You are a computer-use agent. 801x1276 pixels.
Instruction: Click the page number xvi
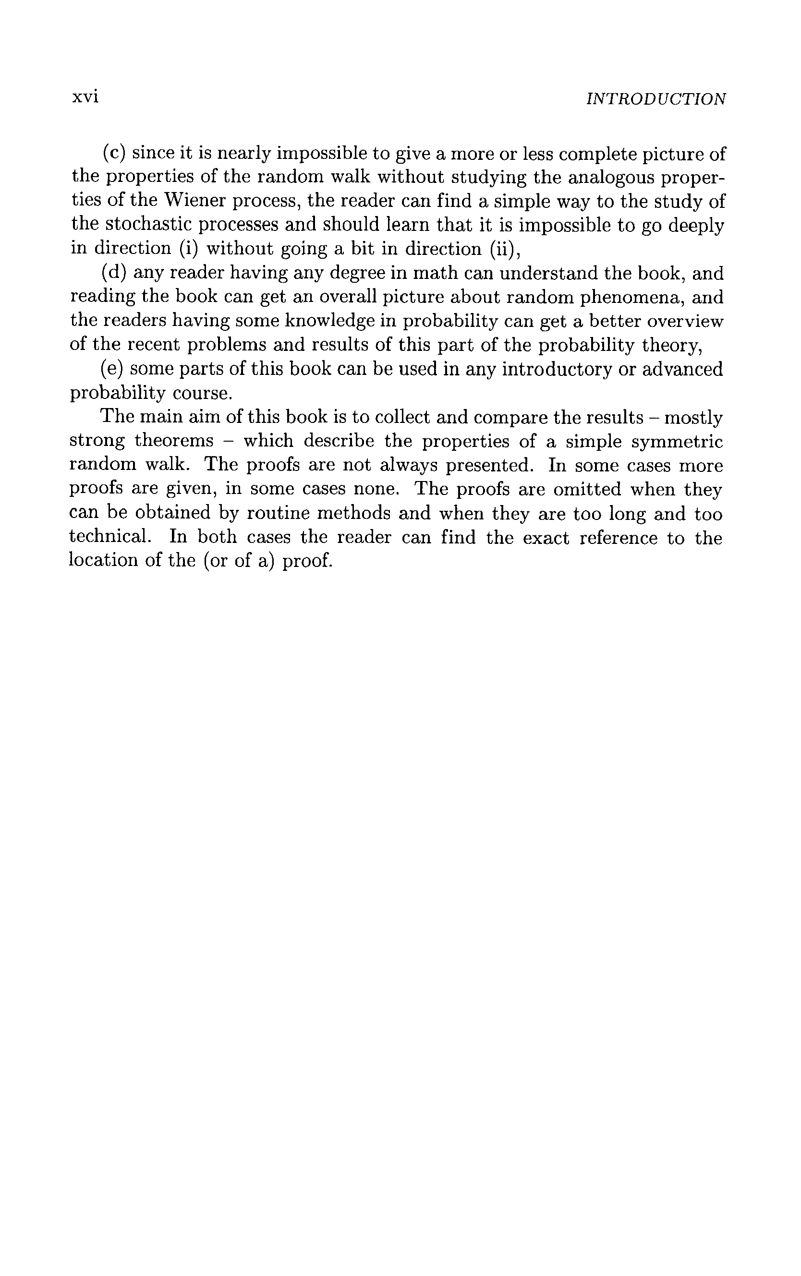(85, 97)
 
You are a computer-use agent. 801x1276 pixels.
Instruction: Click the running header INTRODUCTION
(656, 99)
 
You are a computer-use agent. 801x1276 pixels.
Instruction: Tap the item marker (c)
(113, 153)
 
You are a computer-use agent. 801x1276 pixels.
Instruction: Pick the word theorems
(174, 441)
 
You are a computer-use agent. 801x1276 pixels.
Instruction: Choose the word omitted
(586, 489)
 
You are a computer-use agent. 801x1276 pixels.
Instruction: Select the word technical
(109, 537)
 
